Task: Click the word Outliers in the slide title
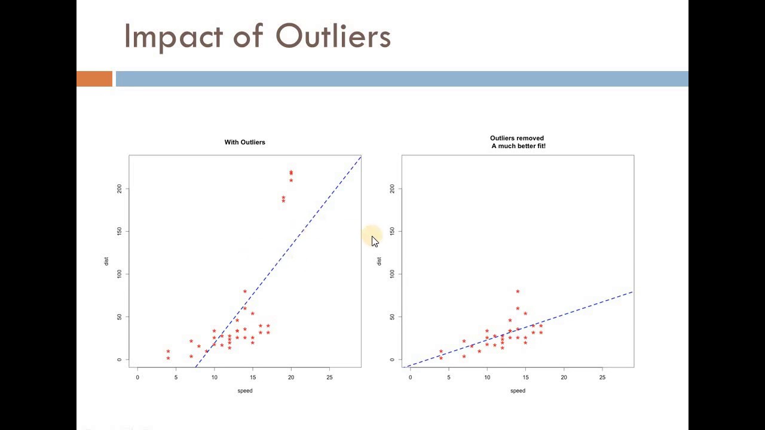333,36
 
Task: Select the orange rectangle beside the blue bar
94,79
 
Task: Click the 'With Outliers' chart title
244,142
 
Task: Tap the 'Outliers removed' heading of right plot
516,138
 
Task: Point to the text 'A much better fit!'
518,146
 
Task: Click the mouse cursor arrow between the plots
374,241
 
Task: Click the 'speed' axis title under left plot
245,391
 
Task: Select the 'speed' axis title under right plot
518,391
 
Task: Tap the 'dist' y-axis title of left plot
106,261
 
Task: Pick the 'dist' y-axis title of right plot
379,261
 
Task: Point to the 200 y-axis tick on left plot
120,189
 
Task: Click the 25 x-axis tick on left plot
329,377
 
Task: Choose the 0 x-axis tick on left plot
137,377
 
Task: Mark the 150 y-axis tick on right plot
392,231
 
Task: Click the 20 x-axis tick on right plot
564,377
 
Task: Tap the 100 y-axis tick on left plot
120,274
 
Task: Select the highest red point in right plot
518,291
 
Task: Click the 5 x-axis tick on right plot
448,377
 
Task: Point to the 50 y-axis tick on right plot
392,317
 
